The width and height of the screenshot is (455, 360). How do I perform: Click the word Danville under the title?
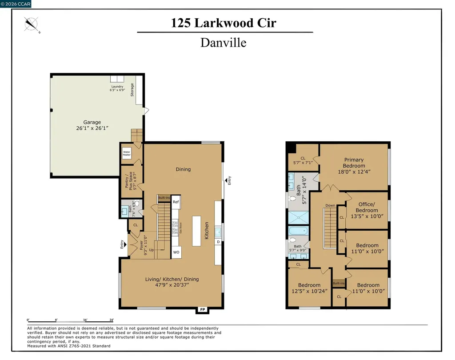(x=223, y=43)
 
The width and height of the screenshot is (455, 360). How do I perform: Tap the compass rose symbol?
(x=32, y=24)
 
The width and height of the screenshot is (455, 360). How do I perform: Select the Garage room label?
(x=92, y=125)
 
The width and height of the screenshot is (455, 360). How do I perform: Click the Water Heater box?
(x=127, y=153)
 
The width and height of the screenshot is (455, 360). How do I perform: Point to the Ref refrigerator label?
(x=176, y=202)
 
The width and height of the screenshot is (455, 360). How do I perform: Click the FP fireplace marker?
(x=203, y=309)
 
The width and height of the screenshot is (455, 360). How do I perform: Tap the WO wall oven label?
(x=176, y=252)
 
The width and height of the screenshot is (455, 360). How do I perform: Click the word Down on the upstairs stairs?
(x=330, y=206)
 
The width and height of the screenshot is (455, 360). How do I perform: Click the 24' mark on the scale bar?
(x=112, y=320)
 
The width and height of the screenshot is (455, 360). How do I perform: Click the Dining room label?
(x=183, y=169)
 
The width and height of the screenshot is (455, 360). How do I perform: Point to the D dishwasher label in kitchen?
(x=218, y=242)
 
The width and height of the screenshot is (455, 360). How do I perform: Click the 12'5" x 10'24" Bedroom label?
(x=309, y=288)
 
